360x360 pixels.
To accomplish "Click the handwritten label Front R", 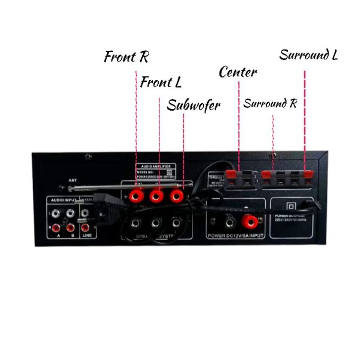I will click(x=126, y=56).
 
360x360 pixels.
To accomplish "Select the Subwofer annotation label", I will click(x=193, y=105).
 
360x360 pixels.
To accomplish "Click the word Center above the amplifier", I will click(x=238, y=72).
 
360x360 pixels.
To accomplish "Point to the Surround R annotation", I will click(x=270, y=104).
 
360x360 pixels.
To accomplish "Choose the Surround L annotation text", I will click(x=308, y=55).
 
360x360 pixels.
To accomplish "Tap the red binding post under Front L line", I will click(x=157, y=197).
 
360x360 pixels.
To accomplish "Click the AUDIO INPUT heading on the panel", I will click(x=62, y=200).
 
